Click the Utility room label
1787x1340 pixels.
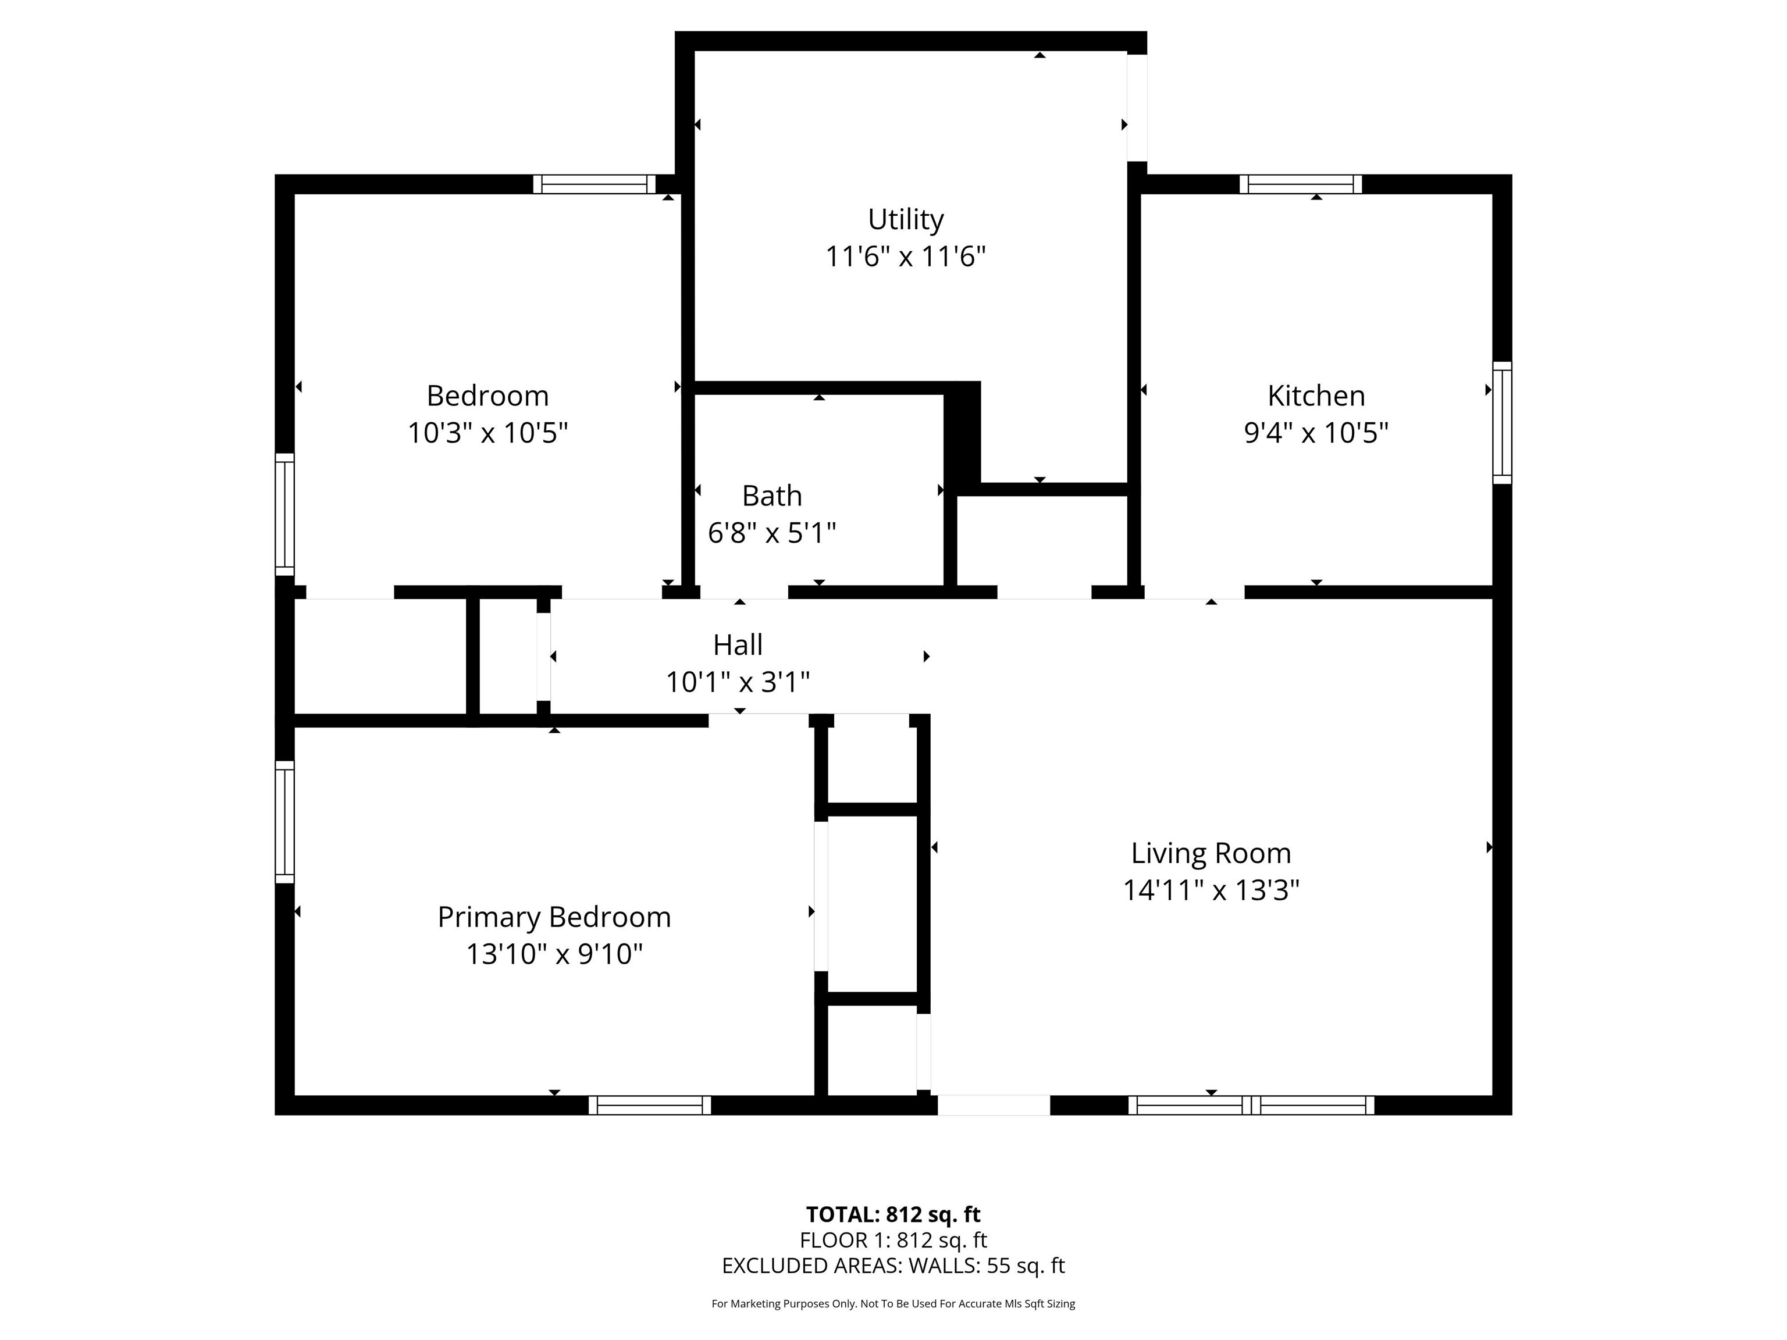[x=906, y=220]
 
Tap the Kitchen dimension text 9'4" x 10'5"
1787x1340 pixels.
[x=1316, y=433]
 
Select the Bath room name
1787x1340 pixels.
[x=771, y=496]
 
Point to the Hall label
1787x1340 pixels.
[x=738, y=646]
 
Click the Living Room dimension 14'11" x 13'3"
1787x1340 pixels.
[x=1211, y=890]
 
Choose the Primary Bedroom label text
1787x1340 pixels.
[x=554, y=918]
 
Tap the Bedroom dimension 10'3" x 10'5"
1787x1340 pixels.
[x=487, y=433]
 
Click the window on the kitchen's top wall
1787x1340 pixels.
[x=1301, y=184]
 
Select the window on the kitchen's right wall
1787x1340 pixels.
[x=1502, y=422]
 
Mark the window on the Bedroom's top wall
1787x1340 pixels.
[x=595, y=184]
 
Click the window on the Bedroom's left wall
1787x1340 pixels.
[x=284, y=515]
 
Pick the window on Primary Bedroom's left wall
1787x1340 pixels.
[x=284, y=821]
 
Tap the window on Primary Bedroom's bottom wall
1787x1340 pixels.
[x=650, y=1105]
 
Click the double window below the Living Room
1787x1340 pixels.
[x=1251, y=1105]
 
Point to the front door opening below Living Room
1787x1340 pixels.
[x=994, y=1105]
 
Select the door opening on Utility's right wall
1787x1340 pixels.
[x=1137, y=108]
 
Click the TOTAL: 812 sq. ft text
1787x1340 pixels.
[x=893, y=1215]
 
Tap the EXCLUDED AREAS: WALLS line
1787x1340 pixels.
[x=893, y=1266]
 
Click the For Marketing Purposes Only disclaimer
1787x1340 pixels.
[x=893, y=1304]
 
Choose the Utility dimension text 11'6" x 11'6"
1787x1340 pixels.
[x=906, y=257]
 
